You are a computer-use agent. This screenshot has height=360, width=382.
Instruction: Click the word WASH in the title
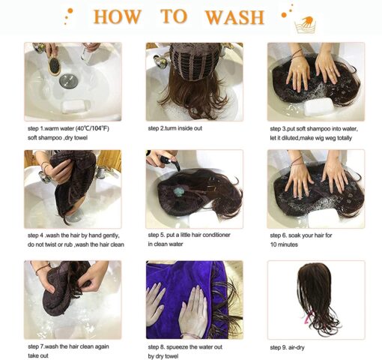pyautogui.click(x=234, y=17)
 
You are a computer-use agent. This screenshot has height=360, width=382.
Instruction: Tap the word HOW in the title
pyautogui.click(x=118, y=16)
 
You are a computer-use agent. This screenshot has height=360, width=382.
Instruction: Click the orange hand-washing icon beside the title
pyautogui.click(x=306, y=25)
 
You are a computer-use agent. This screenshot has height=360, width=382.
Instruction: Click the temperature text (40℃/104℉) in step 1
pyautogui.click(x=92, y=128)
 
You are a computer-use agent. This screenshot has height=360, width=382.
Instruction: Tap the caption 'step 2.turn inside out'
pyautogui.click(x=175, y=128)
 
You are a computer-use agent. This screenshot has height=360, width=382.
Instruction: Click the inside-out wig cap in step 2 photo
pyautogui.click(x=194, y=61)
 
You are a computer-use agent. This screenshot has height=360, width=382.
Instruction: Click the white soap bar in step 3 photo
pyautogui.click(x=319, y=106)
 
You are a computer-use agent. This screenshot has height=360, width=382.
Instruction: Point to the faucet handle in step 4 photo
pyautogui.click(x=44, y=177)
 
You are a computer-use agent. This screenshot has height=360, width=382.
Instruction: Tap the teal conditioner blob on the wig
pyautogui.click(x=178, y=192)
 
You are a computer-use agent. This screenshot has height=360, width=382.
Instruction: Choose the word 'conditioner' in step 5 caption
pyautogui.click(x=216, y=235)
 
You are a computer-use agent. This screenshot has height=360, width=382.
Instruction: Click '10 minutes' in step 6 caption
pyautogui.click(x=284, y=244)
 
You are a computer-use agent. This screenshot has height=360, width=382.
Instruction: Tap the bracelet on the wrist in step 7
pyautogui.click(x=41, y=268)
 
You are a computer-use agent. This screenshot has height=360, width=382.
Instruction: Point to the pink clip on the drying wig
pyautogui.click(x=308, y=317)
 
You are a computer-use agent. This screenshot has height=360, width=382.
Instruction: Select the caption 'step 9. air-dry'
pyautogui.click(x=287, y=347)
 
